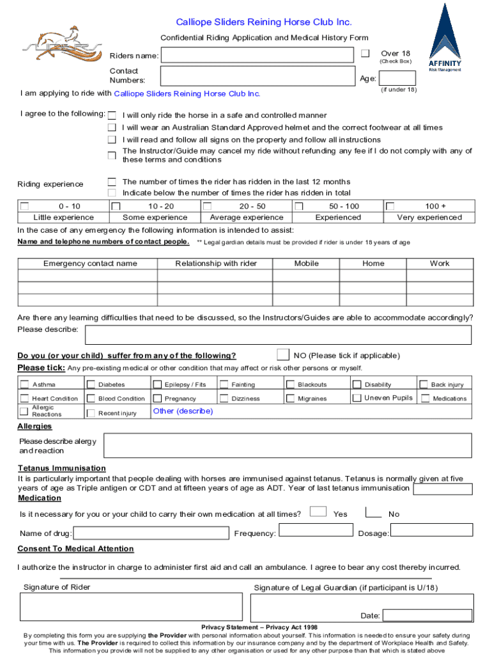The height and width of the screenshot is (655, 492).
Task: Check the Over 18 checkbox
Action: coord(365,53)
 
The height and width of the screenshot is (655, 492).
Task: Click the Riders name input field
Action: coord(257,56)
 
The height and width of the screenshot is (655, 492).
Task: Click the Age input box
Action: coord(388,79)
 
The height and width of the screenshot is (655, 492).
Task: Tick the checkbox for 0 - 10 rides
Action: coord(25,207)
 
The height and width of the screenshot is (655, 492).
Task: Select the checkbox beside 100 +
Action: coord(390,207)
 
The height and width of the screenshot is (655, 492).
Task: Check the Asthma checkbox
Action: coord(24,384)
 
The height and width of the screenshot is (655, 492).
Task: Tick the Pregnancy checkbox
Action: coord(157,399)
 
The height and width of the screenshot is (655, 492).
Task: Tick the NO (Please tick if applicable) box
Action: coord(282,355)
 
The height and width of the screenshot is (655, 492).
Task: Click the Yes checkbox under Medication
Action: coord(318,511)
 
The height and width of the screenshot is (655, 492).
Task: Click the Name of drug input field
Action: coord(151,533)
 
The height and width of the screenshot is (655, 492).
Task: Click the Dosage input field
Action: coord(431,530)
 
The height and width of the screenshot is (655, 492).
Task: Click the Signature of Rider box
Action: coord(131,608)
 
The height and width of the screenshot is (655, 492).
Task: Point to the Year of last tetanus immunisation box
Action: coord(443,489)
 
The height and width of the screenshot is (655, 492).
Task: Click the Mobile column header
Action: coord(306,264)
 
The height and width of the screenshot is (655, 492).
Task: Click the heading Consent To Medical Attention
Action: coord(75,549)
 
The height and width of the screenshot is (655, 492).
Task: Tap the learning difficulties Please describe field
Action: coord(278,335)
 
